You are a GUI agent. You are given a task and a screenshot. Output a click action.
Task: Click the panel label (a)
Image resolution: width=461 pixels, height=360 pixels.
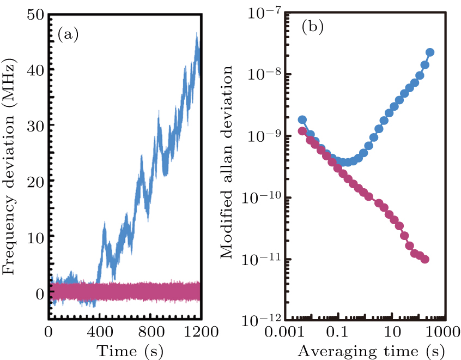(x=68, y=35)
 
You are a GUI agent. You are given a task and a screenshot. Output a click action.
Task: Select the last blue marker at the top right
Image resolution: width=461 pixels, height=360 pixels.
(x=429, y=52)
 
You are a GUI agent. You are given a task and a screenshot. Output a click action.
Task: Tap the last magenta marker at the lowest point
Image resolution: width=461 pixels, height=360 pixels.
(x=424, y=259)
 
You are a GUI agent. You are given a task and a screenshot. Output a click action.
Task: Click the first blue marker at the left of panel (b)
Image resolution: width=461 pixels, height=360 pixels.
(x=302, y=119)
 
